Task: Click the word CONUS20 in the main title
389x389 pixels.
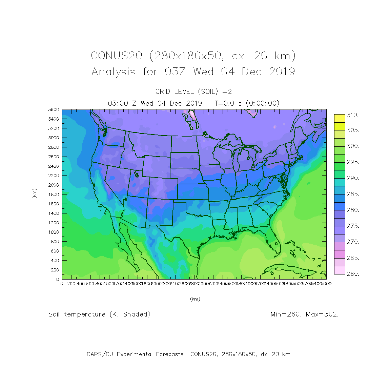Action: [116, 56]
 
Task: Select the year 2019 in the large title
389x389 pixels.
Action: [282, 72]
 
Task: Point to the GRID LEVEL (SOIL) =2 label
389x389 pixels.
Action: [193, 91]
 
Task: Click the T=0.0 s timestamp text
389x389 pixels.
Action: [229, 103]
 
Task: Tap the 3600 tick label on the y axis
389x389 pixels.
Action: [54, 109]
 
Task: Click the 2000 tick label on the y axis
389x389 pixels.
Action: [54, 185]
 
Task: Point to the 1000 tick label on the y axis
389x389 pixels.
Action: [54, 232]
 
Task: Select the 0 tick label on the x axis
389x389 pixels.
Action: [62, 284]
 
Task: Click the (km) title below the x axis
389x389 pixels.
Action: [195, 299]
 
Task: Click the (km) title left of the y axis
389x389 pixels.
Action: [34, 193]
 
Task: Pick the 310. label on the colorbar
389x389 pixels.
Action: [352, 115]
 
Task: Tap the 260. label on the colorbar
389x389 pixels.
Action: [352, 274]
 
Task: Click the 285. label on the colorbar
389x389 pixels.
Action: [352, 194]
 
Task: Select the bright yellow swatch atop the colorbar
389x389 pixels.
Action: [340, 118]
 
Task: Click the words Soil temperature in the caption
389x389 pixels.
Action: [77, 314]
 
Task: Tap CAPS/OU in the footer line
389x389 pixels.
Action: [100, 354]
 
